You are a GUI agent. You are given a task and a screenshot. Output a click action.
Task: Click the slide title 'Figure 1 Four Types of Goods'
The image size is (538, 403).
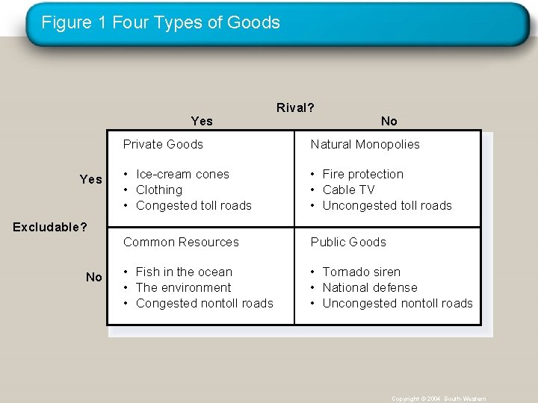161,22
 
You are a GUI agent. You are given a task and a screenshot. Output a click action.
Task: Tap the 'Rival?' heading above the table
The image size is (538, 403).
295,107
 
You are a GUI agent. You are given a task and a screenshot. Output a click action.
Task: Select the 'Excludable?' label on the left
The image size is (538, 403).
50,226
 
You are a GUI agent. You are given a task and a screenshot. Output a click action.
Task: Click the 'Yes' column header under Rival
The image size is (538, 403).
202,121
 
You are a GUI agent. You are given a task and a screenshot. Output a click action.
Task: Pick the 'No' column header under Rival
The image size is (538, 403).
389,121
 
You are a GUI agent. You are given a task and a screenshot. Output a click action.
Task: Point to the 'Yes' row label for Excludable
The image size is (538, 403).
91,179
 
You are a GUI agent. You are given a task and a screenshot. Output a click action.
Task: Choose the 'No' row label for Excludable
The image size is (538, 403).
94,277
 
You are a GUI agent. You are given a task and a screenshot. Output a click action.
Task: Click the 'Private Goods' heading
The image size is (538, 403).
163,144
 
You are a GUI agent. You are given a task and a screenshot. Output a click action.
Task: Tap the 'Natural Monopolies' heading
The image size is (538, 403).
365,144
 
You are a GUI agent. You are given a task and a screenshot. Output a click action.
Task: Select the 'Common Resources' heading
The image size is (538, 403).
181,242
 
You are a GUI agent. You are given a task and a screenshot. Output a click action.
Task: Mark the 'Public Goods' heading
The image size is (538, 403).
348,242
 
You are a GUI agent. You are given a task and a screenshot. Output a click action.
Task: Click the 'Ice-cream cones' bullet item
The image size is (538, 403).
182,174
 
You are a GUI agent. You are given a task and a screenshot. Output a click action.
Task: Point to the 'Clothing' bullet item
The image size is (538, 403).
159,190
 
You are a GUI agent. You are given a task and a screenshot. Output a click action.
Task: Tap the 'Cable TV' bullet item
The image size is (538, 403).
348,190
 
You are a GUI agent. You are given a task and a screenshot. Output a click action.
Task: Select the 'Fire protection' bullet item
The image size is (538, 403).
362,174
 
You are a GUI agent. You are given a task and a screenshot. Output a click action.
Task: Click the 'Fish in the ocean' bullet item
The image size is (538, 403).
184,272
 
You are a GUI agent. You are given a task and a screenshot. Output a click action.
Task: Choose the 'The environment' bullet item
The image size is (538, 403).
183,287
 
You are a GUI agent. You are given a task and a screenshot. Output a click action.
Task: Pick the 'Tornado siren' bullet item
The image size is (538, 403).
361,272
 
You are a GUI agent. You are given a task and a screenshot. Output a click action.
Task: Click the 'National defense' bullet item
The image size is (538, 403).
370,287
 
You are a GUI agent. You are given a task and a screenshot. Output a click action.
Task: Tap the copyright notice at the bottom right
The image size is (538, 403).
439,399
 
